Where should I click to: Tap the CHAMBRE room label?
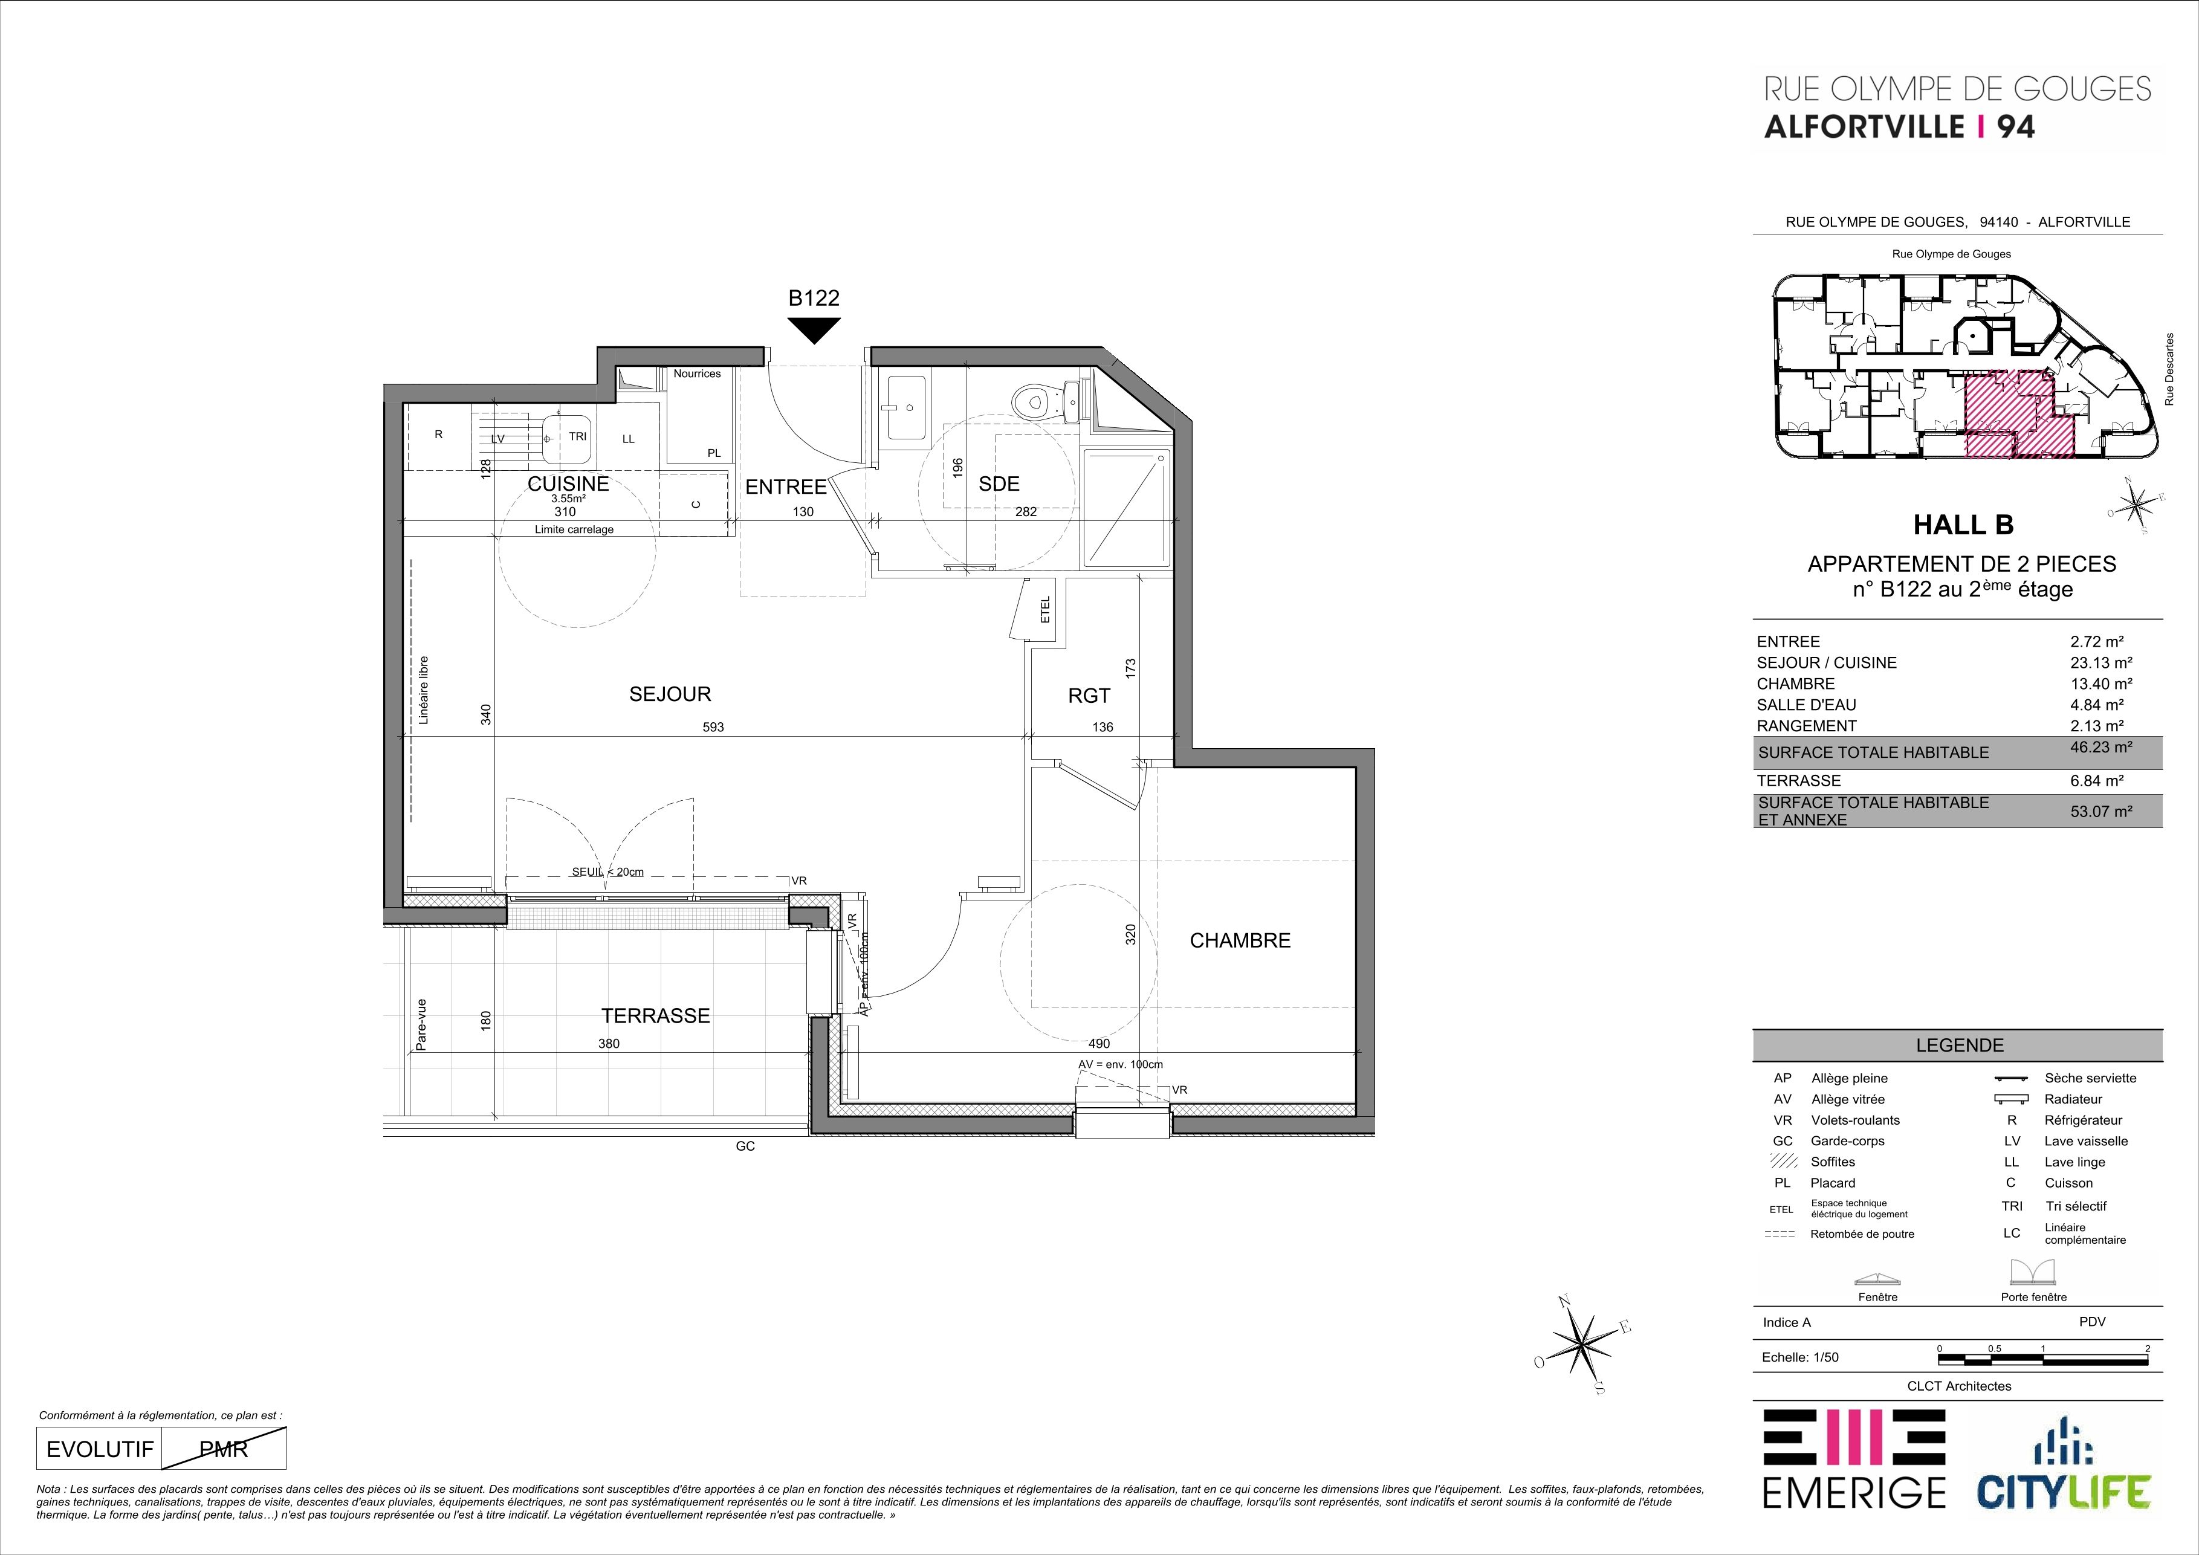[x=1239, y=941]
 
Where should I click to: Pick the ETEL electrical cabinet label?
[x=1045, y=610]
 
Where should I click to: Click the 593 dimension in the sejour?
[x=713, y=727]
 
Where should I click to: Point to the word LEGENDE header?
[x=1960, y=1046]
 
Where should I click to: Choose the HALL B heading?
[x=1963, y=525]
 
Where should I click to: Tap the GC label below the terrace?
[x=745, y=1146]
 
